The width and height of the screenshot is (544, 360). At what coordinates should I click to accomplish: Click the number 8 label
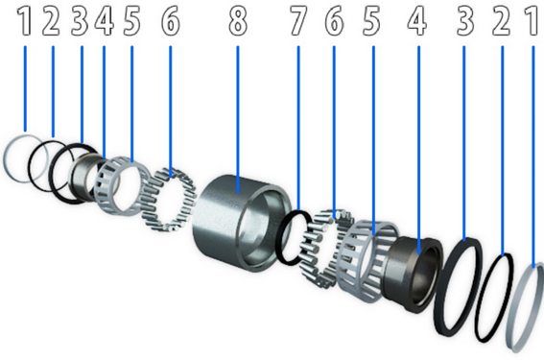238,21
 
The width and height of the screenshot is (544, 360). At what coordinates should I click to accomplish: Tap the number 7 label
298,21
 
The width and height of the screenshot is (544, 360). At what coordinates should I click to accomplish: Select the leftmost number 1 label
25,21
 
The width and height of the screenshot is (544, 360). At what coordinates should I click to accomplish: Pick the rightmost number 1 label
533,21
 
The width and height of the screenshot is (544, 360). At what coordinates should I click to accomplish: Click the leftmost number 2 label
51,21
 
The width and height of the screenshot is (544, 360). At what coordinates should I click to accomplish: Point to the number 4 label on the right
417,21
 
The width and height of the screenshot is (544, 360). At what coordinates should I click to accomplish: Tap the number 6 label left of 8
171,21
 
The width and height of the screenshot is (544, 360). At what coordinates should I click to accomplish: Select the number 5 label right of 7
371,21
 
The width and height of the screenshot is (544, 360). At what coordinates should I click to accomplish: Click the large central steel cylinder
241,222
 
